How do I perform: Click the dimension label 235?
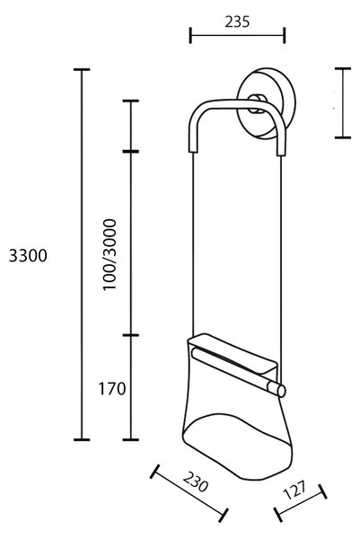pyautogui.click(x=237, y=22)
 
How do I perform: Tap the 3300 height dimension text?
pyautogui.click(x=28, y=256)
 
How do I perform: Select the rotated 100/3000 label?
pyautogui.click(x=110, y=255)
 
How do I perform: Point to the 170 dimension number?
pyautogui.click(x=112, y=389)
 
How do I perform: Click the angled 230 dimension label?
pyautogui.click(x=196, y=482)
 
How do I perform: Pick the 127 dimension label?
pyautogui.click(x=294, y=490)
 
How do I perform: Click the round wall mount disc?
pyautogui.click(x=267, y=103)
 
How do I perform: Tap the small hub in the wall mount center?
pyautogui.click(x=257, y=103)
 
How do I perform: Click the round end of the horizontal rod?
pyautogui.click(x=281, y=391)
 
